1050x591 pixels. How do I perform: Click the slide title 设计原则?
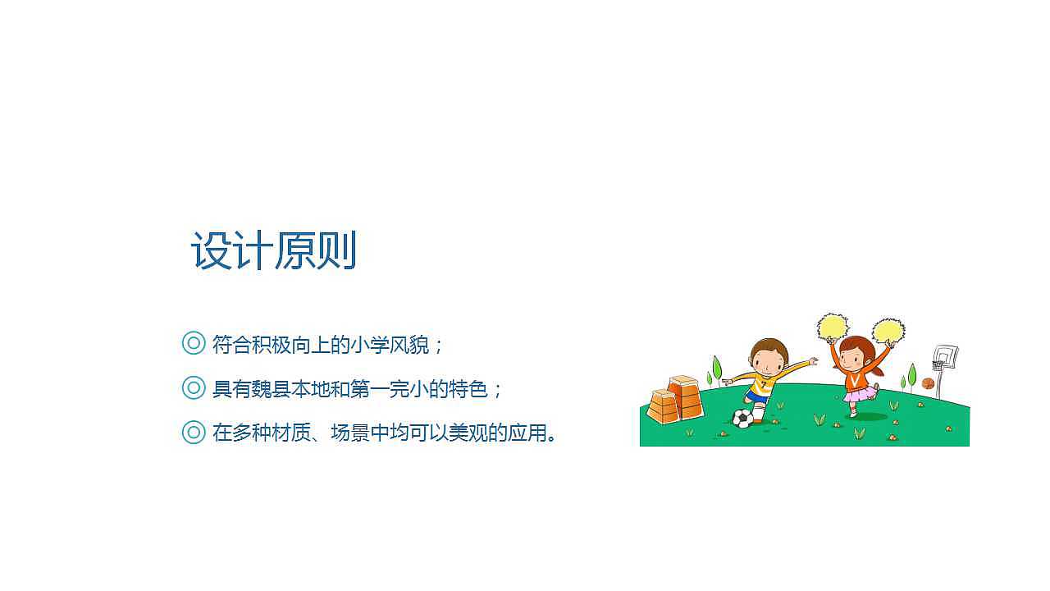click(x=274, y=250)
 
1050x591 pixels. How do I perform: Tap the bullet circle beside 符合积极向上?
click(x=193, y=343)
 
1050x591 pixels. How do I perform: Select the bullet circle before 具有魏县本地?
click(x=193, y=387)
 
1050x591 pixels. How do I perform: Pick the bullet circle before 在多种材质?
click(x=193, y=432)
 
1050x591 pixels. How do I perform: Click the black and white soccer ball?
click(x=743, y=419)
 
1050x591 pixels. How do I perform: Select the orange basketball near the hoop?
click(x=928, y=383)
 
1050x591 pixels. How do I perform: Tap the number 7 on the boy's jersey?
click(x=764, y=384)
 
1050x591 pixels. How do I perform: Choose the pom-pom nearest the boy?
click(x=833, y=327)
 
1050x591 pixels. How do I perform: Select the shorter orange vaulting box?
click(x=663, y=407)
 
